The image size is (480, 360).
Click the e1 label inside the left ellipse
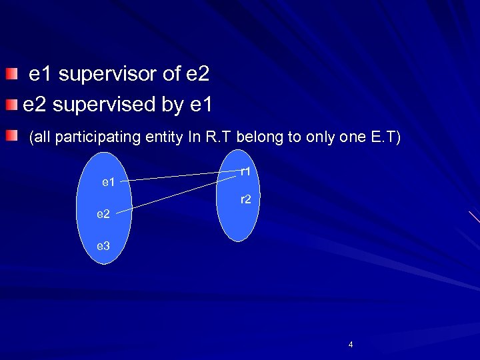tap(108, 181)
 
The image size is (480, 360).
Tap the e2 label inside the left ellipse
tap(103, 214)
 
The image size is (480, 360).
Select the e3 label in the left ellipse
tap(103, 246)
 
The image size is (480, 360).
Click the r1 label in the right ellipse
tap(245, 171)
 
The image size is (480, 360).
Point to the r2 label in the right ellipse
tap(245, 199)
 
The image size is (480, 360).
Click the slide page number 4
tap(351, 345)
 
